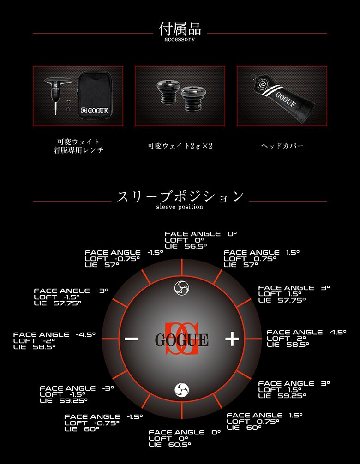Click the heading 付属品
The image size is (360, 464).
180,29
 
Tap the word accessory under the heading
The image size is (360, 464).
180,40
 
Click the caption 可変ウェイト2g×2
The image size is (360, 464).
180,146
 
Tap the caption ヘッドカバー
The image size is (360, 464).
282,146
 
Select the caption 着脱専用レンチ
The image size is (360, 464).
78,150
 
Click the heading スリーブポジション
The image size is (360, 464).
180,196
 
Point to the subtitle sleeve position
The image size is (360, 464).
180,207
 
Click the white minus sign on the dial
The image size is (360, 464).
131,339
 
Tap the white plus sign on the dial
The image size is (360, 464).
232,339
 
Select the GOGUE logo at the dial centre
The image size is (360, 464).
181,339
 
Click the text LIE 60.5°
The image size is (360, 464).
170,445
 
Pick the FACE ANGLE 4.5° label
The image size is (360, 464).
306,332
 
